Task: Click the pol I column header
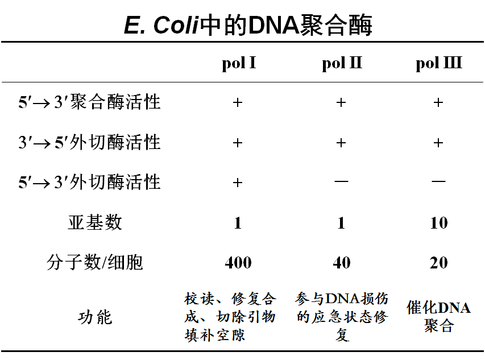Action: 238,63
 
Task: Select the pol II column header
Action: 341,63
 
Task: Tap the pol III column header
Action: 438,63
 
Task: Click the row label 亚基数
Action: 94,222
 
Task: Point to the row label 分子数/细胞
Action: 94,262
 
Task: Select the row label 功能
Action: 94,317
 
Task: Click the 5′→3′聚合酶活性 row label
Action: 90,102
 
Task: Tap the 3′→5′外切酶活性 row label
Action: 90,142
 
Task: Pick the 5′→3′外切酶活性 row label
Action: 90,182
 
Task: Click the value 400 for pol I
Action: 238,263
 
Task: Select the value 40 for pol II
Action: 341,263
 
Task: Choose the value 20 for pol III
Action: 438,263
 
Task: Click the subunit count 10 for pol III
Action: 438,223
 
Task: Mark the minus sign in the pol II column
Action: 341,182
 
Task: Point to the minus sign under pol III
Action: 438,182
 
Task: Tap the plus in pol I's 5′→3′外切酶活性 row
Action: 238,183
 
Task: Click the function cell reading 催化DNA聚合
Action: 438,317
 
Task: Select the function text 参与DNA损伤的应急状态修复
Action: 342,317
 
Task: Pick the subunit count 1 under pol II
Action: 341,223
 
